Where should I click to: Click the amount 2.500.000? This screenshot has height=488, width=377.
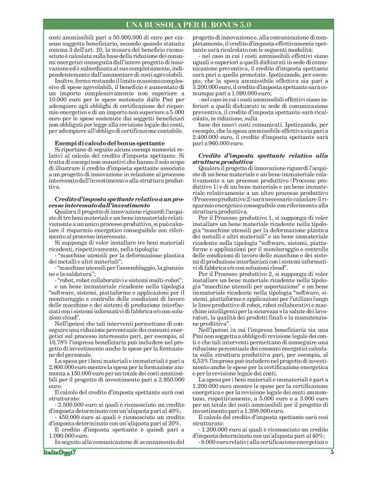tap(70, 400)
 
